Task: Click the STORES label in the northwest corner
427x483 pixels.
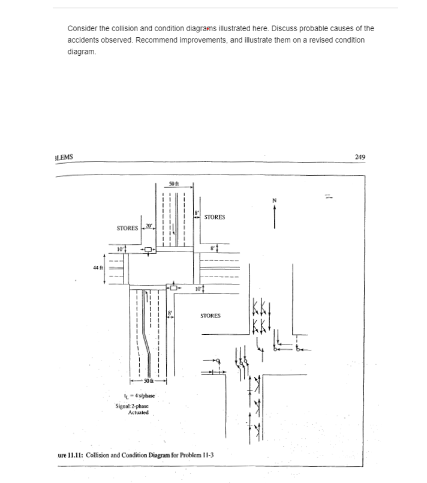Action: pos(128,228)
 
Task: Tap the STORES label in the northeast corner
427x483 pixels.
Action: pos(215,217)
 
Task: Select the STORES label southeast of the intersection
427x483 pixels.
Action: pos(210,316)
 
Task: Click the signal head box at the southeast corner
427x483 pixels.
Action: pos(175,287)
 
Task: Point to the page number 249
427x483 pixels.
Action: pos(360,157)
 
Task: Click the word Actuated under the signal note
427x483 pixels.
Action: pos(139,413)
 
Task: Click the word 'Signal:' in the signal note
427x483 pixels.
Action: pos(124,406)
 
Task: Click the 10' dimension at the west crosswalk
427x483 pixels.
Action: pos(120,248)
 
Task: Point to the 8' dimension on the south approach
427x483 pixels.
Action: pos(170,313)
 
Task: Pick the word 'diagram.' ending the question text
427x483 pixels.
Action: pos(81,52)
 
